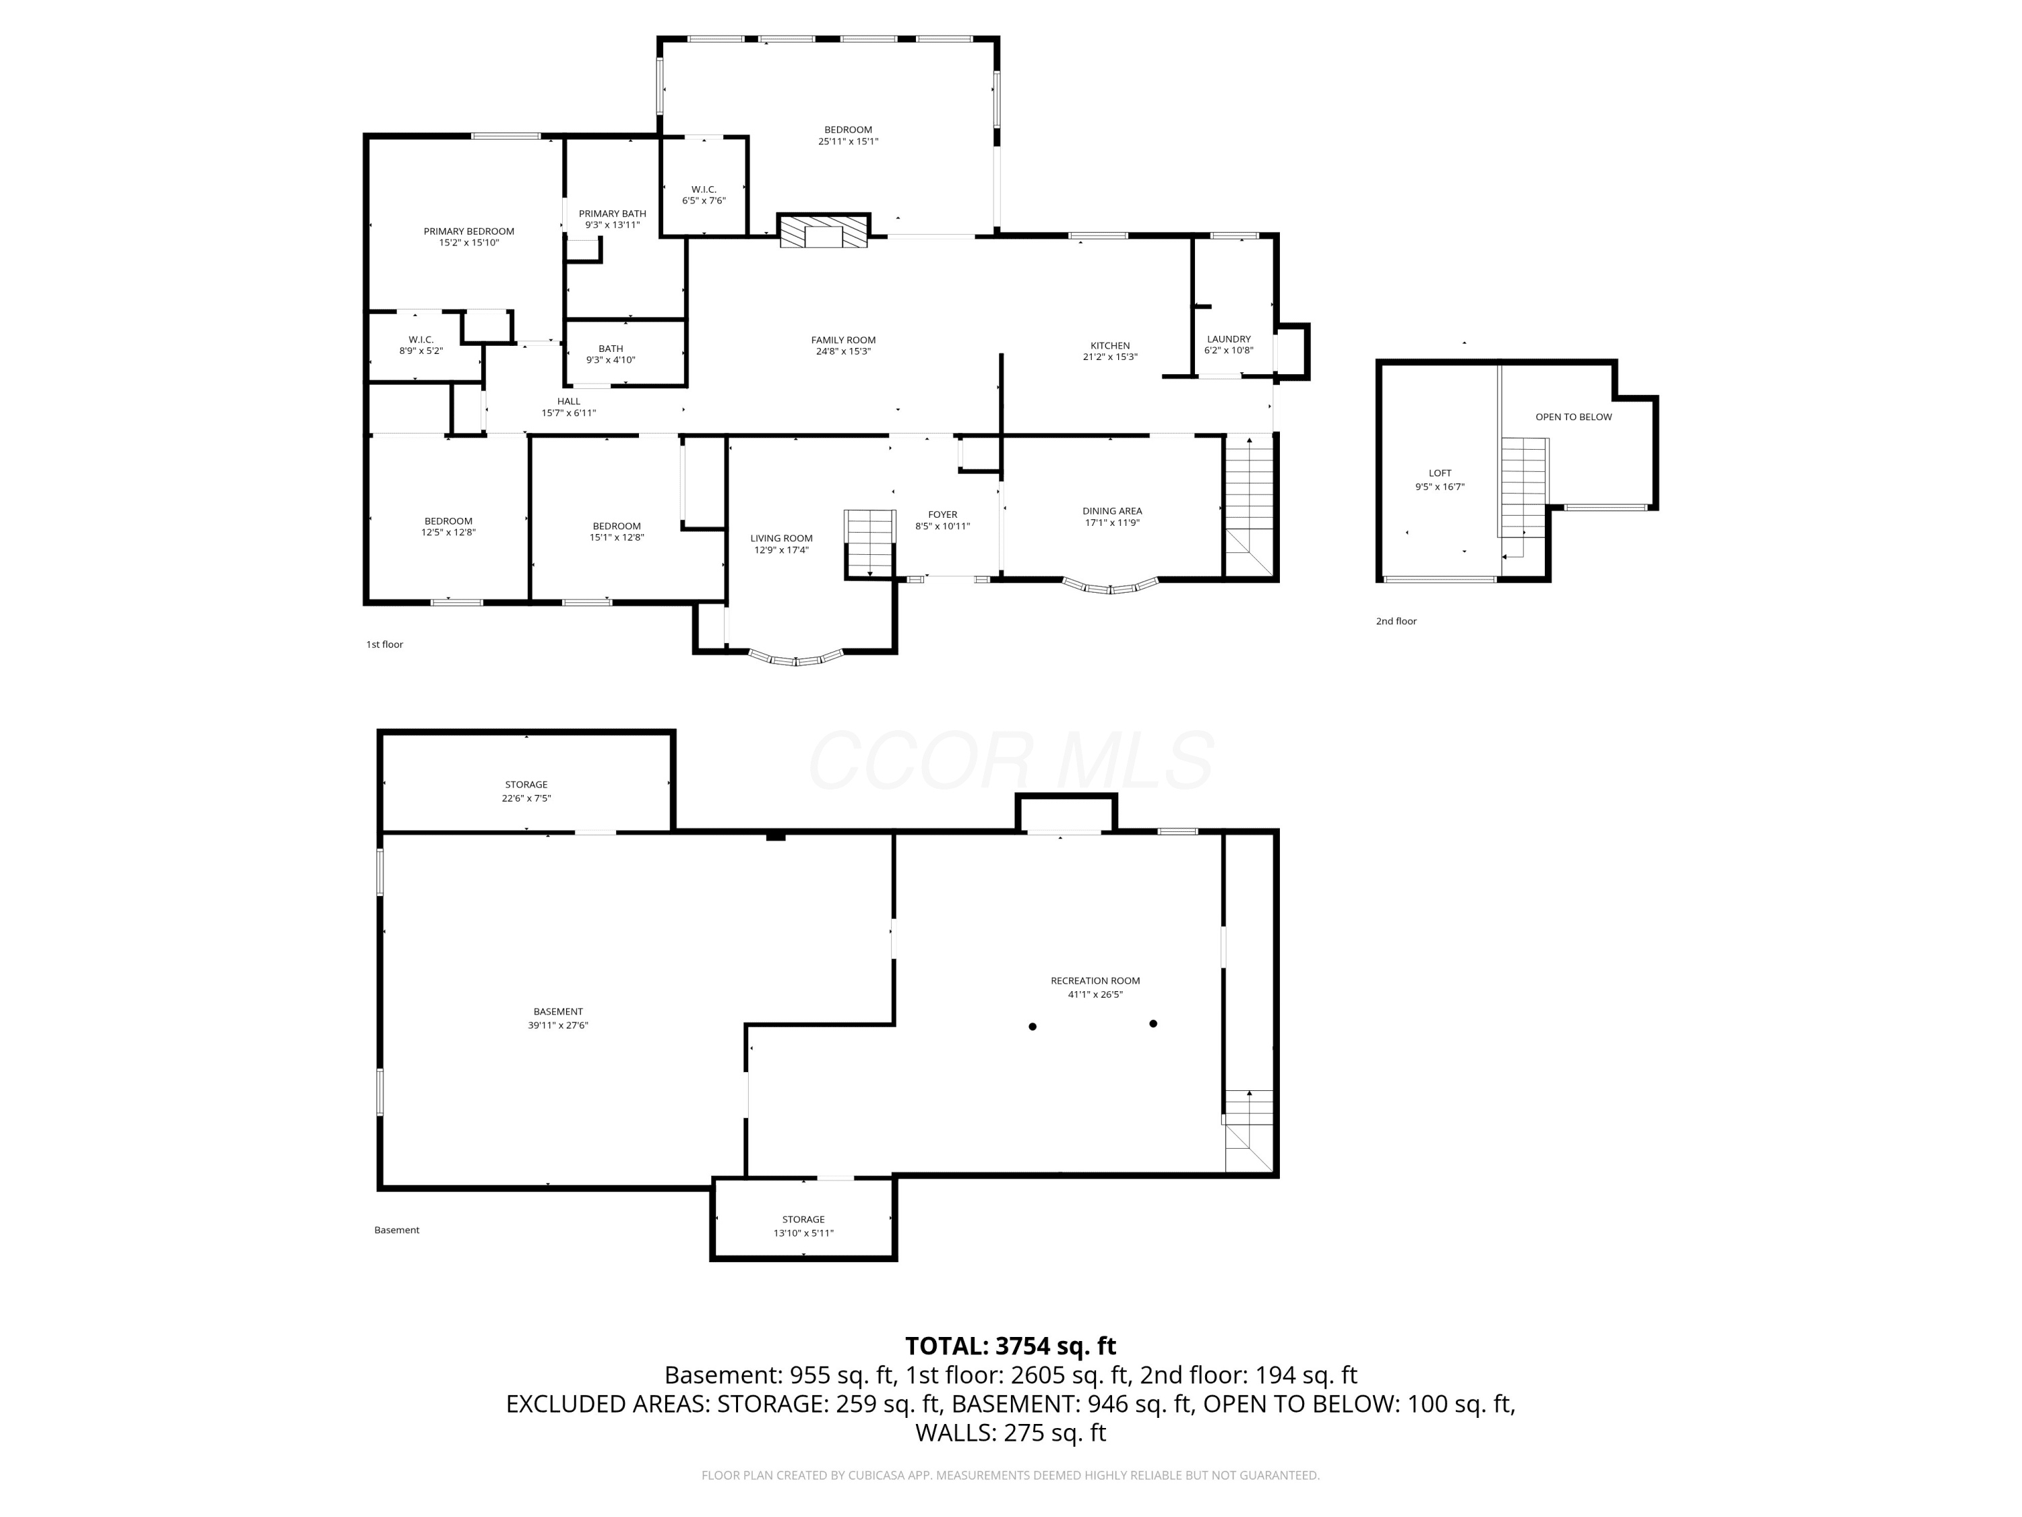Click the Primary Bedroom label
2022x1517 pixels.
469,231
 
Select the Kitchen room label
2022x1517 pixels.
1109,346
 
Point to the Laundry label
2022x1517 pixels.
1229,339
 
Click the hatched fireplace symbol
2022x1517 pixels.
824,231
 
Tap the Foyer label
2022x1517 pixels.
942,515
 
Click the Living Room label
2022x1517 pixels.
782,539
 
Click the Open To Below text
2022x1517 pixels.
1573,417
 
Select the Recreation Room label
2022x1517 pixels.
1095,981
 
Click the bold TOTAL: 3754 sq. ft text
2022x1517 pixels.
1010,1346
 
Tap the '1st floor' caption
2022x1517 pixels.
385,645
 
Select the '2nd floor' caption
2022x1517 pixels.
1396,622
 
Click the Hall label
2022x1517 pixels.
569,401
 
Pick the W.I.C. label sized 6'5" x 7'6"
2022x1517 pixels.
704,195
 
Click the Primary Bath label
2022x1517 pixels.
613,214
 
